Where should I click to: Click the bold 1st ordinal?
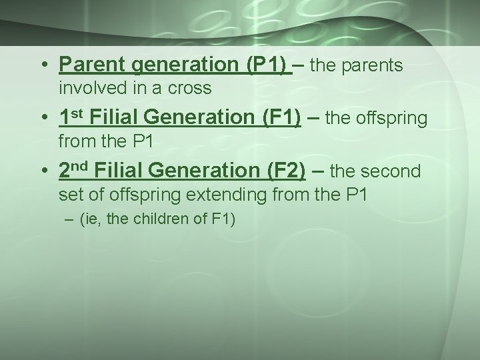pos(72,117)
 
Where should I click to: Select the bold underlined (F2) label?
pos(281,171)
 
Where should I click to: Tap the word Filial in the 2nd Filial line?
pos(122,171)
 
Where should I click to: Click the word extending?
pos(225,195)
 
